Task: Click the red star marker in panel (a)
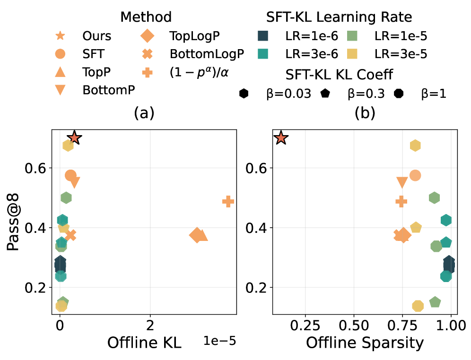click(74, 138)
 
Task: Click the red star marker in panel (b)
click(281, 138)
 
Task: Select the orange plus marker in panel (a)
click(228, 202)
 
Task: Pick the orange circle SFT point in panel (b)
click(415, 176)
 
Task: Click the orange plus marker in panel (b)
click(401, 202)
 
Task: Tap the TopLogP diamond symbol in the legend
click(147, 36)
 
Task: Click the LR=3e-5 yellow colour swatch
click(355, 54)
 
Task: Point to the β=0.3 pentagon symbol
click(325, 93)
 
